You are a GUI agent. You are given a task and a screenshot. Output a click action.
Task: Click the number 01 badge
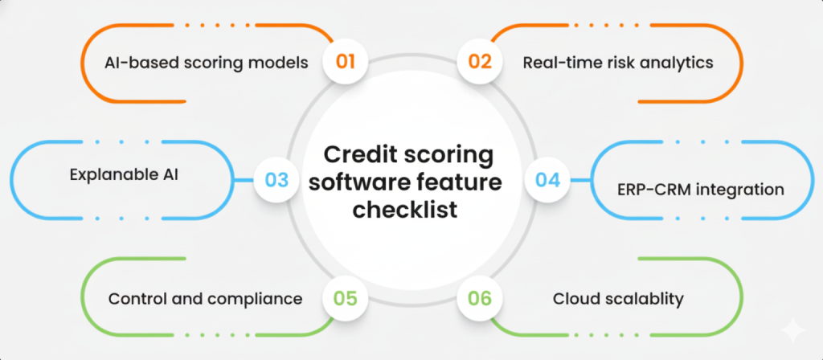point(346,62)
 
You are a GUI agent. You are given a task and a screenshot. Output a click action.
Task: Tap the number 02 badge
point(480,62)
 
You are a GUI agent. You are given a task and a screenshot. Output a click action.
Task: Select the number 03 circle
point(276,179)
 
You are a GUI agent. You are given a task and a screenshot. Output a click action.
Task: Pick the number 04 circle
point(548,179)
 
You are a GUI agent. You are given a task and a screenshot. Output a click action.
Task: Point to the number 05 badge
point(346,298)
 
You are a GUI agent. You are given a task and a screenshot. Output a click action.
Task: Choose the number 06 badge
point(480,298)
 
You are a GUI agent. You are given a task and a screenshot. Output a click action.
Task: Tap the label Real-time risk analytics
point(618,63)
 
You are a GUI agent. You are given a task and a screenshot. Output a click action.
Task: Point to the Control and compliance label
point(205,299)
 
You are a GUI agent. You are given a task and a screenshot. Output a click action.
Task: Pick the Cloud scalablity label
point(618,299)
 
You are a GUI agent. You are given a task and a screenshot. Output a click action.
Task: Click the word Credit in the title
point(361,153)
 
